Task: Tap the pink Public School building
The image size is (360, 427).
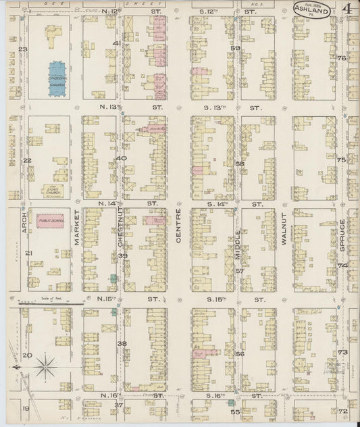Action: point(50,221)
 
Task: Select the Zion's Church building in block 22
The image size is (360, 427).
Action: point(51,191)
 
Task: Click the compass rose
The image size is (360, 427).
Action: point(45,367)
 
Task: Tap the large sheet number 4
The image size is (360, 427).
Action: point(346,11)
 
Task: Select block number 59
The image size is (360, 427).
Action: point(236,49)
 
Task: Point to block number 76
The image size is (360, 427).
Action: point(342,58)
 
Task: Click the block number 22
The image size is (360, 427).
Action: point(28,160)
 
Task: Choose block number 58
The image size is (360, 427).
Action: point(238,164)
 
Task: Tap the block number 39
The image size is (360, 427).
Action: point(123,255)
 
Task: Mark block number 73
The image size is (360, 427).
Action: point(342,352)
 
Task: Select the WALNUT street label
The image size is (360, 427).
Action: point(285,232)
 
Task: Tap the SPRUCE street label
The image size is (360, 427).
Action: point(343,233)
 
